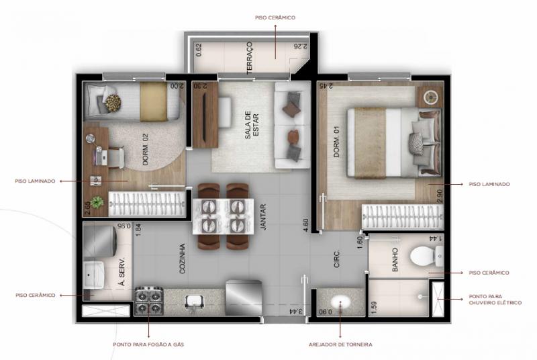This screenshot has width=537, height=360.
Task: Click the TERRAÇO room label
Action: (250, 58)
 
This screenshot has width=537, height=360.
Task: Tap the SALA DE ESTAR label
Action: (252, 125)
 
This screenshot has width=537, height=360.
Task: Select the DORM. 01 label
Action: (337, 142)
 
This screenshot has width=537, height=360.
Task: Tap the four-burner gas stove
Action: (149, 300)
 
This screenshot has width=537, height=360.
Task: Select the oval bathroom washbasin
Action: (341, 302)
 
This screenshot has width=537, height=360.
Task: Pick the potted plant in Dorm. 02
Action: (97, 202)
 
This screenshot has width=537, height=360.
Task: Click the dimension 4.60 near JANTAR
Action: (306, 226)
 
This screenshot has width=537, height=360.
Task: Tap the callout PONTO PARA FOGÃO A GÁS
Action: (148, 345)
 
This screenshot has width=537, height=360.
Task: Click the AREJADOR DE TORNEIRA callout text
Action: (340, 345)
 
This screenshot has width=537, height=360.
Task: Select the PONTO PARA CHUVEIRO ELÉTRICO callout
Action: (495, 300)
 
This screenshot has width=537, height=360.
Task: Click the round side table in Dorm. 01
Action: (430, 97)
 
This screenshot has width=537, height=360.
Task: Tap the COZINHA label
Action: (182, 259)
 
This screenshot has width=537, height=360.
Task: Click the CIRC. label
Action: (337, 259)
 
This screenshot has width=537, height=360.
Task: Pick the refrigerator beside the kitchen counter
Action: (244, 297)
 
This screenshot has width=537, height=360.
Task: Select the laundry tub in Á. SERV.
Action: (93, 275)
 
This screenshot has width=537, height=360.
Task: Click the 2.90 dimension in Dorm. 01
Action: (440, 196)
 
